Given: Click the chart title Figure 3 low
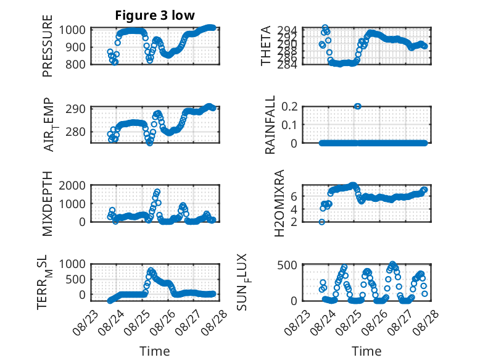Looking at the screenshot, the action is pos(155,15).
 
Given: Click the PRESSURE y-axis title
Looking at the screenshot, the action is pos(48,46).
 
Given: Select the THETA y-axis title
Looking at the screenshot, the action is pos(266,46).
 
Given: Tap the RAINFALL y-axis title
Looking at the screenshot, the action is pos(270,125).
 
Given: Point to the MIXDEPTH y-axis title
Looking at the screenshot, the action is pos(48,203).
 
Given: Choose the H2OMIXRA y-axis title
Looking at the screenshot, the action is pos(279,203).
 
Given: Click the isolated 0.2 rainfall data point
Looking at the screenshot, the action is pos(357,106).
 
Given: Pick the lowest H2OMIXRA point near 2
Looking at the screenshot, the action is pos(321,222).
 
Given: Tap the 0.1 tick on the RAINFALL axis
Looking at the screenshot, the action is pos(289,125).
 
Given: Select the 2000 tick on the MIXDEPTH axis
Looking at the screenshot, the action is pos(72,185).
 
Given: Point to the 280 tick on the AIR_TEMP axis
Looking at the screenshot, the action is pos(75,132).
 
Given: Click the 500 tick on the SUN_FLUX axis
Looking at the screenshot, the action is pos(287,265).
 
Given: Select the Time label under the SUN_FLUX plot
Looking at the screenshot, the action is pos(366,351).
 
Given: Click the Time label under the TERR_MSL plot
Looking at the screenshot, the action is pos(155,351).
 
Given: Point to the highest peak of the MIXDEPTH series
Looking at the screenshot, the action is pos(157,192).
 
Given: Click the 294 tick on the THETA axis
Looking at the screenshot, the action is pos(287,30).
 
